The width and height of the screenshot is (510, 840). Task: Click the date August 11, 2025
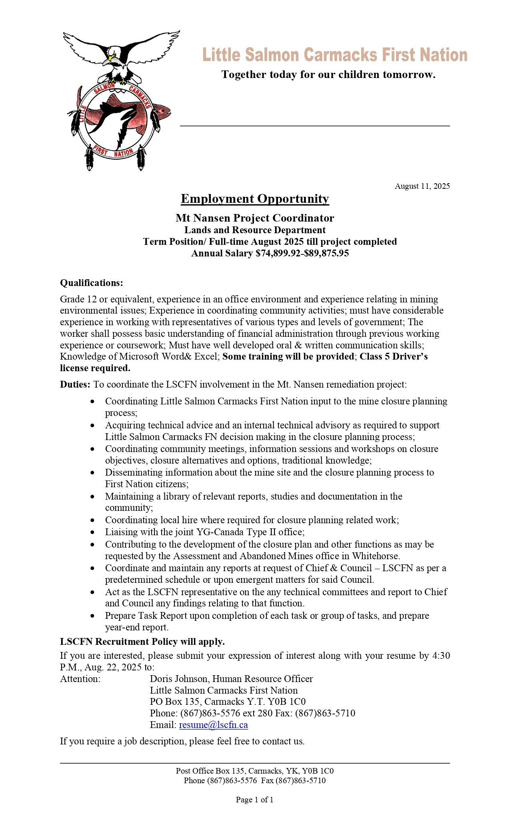point(422,186)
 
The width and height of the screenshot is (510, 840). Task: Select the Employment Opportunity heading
point(255,199)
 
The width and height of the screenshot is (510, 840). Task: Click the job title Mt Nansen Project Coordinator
point(255,218)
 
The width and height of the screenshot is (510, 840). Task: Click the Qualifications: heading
point(92,283)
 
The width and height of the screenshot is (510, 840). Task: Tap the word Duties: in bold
point(75,384)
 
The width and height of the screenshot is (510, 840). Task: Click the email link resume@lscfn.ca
point(213,725)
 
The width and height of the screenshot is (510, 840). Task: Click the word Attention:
point(80,679)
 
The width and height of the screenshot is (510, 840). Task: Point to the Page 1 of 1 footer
point(255,800)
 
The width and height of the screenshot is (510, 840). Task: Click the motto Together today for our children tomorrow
point(328,75)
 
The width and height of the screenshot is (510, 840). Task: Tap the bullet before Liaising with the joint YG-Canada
point(93,532)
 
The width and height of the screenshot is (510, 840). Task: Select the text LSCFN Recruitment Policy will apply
point(142,642)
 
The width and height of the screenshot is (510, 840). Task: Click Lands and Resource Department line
point(255,230)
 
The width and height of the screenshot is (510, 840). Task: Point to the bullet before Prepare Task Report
point(93,616)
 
